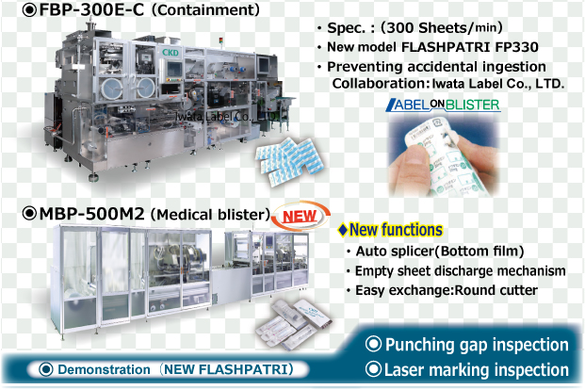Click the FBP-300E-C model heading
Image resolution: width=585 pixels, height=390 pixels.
coord(91,10)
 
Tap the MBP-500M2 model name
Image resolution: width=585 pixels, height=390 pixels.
coord(91,214)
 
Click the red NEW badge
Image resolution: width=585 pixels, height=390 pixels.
coord(300,216)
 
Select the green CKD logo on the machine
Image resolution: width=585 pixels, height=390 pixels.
coord(171,53)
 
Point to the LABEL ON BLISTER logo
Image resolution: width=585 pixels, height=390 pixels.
coord(443,105)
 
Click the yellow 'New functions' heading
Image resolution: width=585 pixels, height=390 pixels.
coord(390,230)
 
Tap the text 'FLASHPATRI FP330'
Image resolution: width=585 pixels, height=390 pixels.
coord(470,47)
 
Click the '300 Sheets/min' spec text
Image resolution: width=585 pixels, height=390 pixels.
coord(442,27)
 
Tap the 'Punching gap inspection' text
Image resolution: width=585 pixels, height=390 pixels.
coord(467,345)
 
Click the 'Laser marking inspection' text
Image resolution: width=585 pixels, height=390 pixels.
coord(467,370)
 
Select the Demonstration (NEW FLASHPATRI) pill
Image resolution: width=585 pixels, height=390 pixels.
coord(168,369)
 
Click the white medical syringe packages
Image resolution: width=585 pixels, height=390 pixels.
coord(294,323)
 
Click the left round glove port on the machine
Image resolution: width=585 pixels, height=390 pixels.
coord(112,89)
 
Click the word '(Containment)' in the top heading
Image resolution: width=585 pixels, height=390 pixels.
coord(205,10)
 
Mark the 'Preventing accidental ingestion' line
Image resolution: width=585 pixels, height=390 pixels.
coord(436,67)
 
